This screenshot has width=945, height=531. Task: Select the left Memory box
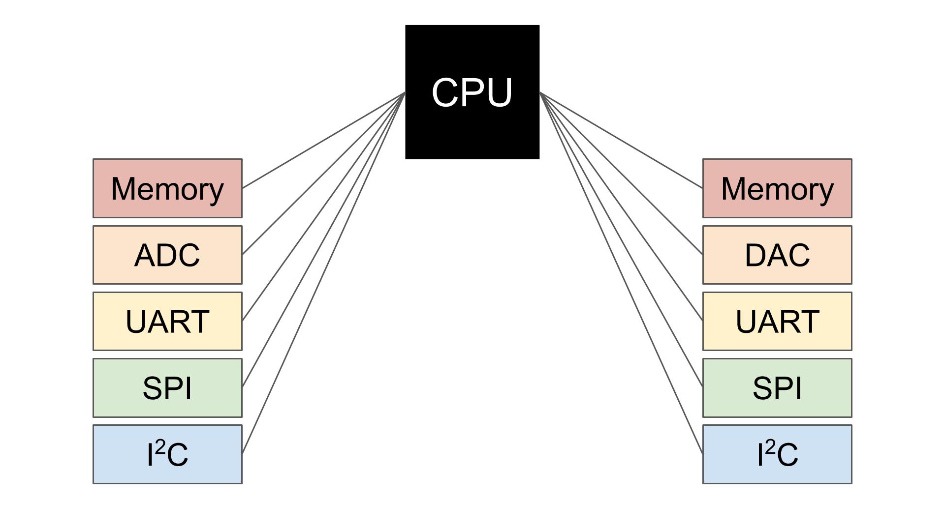(167, 188)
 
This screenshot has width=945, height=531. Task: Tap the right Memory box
(777, 188)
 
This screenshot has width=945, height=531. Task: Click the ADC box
(167, 255)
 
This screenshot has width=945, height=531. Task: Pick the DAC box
(777, 255)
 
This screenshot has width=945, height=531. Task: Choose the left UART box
(167, 321)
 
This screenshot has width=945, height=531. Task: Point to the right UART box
(777, 321)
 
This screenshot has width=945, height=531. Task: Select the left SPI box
(167, 387)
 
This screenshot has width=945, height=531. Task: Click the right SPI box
(777, 387)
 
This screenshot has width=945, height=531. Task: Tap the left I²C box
(167, 454)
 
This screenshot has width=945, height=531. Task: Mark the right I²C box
(777, 454)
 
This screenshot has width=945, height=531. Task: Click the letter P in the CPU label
(472, 92)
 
